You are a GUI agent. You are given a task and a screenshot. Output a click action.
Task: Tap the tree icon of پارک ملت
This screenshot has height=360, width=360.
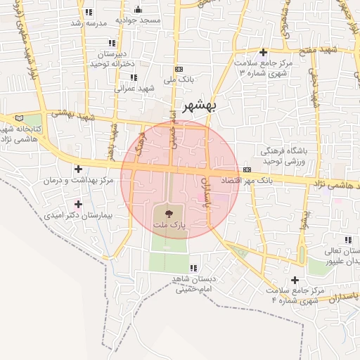pos(167,212)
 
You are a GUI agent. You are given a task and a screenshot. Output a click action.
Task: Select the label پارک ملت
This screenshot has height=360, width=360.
pos(168,224)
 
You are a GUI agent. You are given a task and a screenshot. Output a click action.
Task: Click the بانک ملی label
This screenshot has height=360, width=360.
pos(179,80)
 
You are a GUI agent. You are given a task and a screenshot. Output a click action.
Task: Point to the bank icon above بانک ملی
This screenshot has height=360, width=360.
pos(179,69)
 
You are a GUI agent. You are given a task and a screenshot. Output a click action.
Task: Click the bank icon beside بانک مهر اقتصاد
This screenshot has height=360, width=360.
pos(247,169)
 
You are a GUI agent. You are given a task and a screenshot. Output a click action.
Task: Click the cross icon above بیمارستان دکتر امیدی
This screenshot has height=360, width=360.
pos(78,204)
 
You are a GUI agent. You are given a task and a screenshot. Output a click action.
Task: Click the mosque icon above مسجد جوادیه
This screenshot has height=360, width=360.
pos(137,9)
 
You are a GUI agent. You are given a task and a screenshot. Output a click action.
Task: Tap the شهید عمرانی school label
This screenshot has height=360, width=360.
pos(134,88)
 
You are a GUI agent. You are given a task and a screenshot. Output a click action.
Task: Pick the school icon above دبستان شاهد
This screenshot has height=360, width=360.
pos(192,267)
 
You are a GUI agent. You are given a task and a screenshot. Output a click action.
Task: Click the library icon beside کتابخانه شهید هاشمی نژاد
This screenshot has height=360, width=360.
pos(18,117)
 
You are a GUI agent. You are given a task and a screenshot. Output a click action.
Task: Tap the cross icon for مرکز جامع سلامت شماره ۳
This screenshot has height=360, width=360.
pos(263,52)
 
